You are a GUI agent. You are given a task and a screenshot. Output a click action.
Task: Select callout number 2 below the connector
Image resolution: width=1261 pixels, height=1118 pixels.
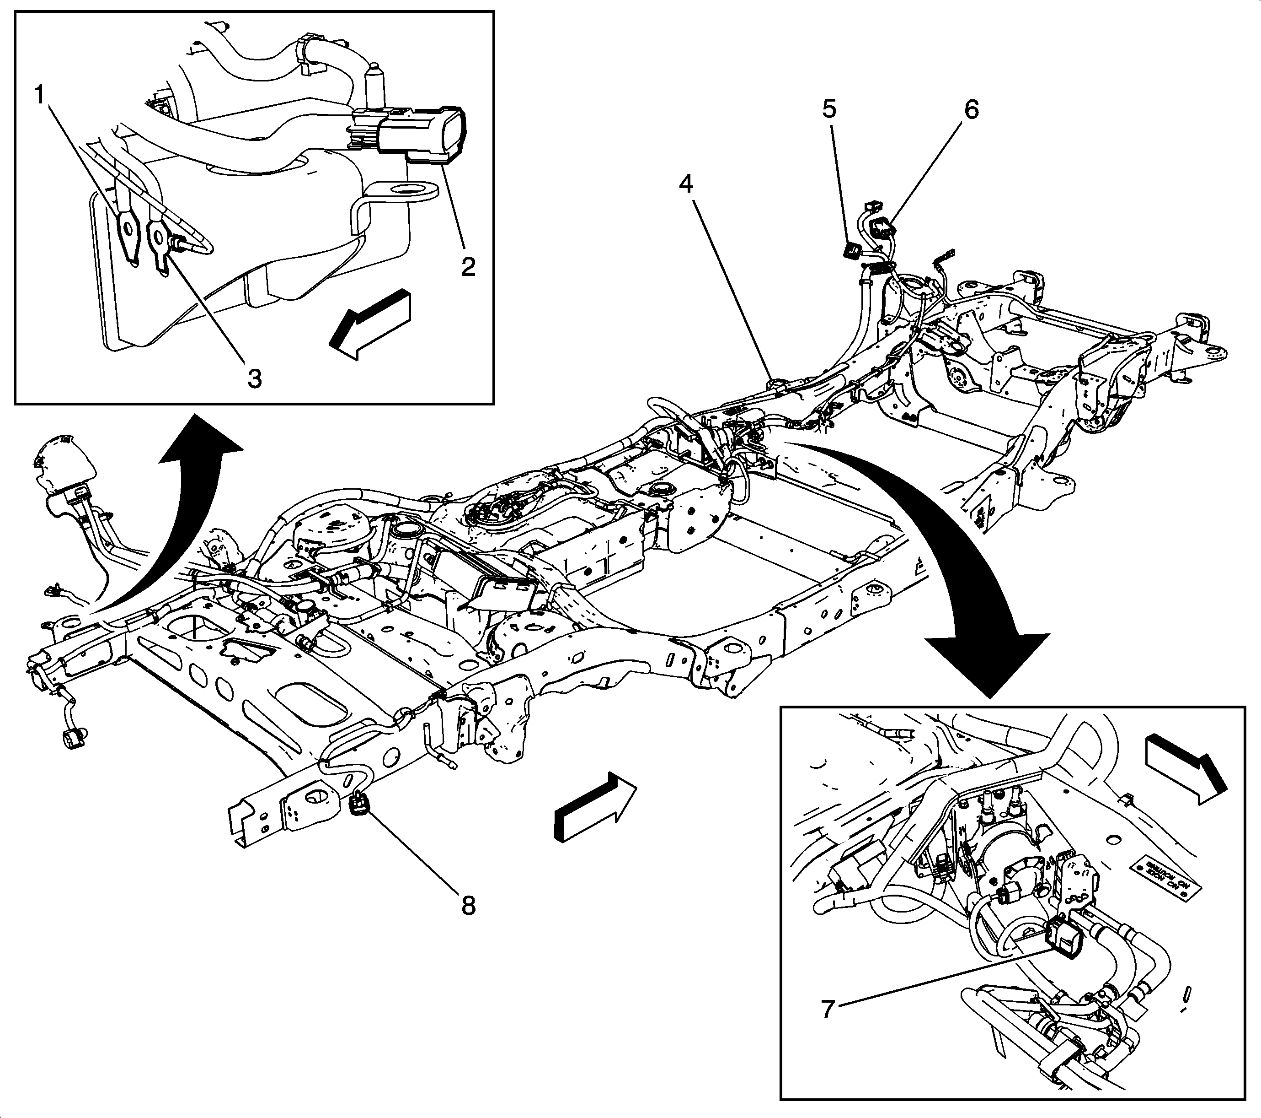[468, 267]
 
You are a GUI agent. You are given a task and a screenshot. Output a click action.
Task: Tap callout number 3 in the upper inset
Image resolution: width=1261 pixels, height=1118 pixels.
[255, 378]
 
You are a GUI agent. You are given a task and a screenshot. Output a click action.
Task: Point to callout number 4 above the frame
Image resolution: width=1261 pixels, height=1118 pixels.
[687, 184]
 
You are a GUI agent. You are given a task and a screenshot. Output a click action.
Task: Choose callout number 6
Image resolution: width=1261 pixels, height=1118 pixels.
[971, 110]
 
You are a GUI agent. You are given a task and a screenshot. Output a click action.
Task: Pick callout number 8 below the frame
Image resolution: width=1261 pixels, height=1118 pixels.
[468, 906]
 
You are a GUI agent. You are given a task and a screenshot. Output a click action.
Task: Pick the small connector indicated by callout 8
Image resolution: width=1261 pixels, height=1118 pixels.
[358, 805]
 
